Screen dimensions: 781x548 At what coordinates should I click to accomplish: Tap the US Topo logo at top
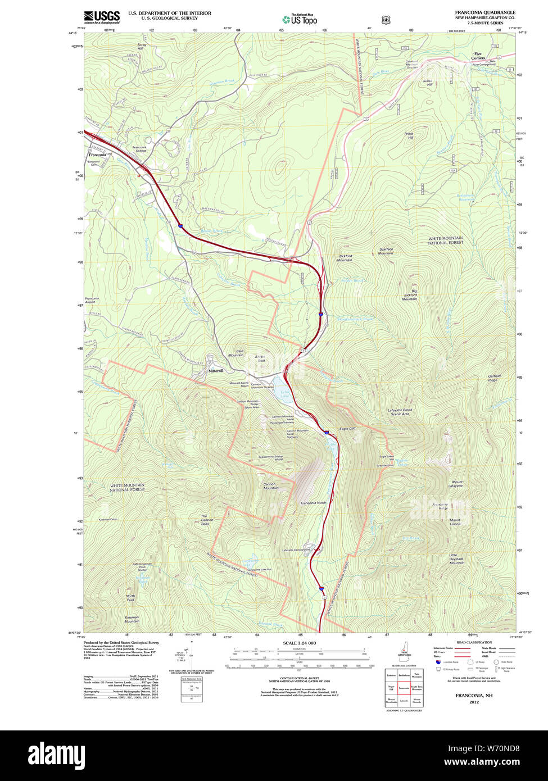(300, 19)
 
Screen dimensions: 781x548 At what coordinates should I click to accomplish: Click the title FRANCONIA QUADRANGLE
(484, 12)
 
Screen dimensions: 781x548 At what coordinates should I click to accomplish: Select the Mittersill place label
(216, 371)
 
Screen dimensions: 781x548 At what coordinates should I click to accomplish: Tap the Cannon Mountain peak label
(271, 485)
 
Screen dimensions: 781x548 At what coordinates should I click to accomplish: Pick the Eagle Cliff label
(348, 429)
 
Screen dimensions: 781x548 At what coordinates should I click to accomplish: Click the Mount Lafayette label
(456, 484)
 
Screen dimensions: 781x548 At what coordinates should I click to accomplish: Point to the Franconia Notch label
(313, 503)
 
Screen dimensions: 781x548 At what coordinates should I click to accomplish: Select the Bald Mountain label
(236, 353)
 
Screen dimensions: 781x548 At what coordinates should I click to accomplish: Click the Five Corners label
(478, 56)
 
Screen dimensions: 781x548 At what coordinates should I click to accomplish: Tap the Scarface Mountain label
(386, 251)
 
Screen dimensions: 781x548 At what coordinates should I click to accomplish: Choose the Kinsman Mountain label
(132, 619)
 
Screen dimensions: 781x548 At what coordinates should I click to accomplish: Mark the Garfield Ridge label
(493, 378)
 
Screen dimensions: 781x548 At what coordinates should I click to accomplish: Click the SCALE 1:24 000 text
(299, 643)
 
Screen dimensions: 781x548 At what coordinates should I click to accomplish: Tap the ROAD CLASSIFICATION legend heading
(474, 642)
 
